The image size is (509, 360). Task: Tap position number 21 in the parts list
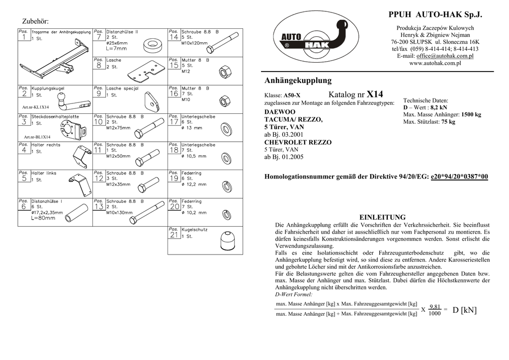[174, 235]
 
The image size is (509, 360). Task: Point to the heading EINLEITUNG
[382, 217]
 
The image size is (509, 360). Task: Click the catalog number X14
[375, 94]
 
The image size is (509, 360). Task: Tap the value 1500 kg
[471, 114]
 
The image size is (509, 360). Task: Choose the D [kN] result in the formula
[464, 310]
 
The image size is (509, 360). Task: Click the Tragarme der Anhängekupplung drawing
[56, 58]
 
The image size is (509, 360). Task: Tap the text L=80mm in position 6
[43, 218]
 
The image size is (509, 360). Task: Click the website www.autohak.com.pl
[435, 63]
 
